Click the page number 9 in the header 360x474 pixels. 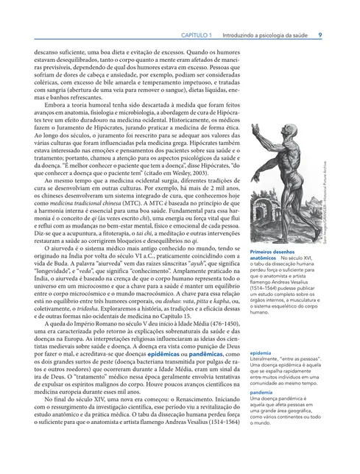click(x=320, y=35)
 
